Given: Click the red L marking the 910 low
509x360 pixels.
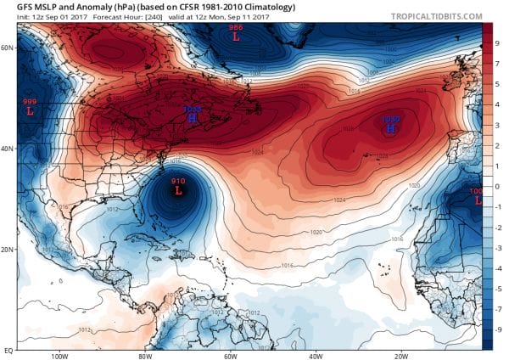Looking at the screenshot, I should coord(178,192).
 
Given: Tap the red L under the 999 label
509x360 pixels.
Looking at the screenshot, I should coord(30,110).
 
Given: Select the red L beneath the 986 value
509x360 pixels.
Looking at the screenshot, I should coord(235,38).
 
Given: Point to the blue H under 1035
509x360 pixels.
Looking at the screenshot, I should coord(193,120).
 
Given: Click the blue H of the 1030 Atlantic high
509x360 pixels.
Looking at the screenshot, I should coord(389,130).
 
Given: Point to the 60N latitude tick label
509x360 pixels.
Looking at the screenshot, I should coord(8,48).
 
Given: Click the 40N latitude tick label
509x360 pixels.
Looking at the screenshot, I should coord(8,149).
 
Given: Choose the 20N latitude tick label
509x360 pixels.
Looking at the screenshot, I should coord(8,249).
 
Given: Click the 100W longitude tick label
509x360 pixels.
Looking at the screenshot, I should coord(59,356).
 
